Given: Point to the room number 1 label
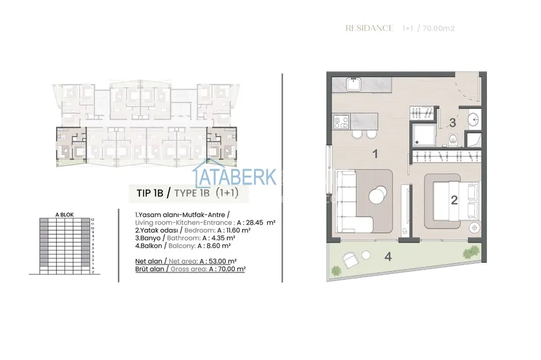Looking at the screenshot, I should point(376,153).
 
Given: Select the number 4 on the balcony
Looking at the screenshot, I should point(388,258).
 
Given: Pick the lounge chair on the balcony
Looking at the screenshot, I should point(349,260).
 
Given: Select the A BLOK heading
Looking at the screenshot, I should point(64,215).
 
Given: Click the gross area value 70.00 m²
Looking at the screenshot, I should point(228,269).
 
